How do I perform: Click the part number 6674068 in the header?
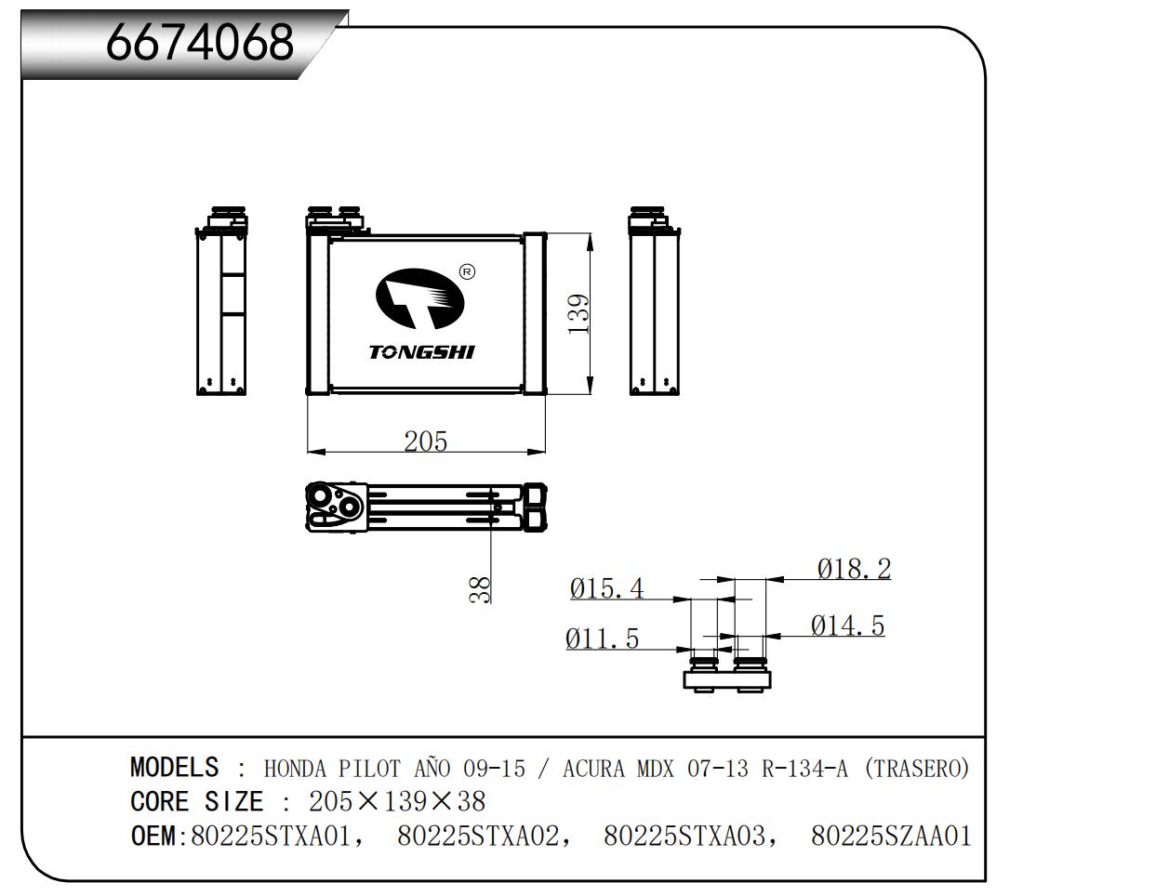[x=199, y=42]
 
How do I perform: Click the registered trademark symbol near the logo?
[x=468, y=271]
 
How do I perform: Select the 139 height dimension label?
[x=578, y=315]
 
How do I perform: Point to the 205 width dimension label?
[x=425, y=441]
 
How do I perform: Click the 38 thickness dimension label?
[x=479, y=589]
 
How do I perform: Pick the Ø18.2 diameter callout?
[x=854, y=568]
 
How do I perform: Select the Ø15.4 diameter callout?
[x=606, y=587]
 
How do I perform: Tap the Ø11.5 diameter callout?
[x=602, y=639]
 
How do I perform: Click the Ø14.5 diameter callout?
[x=847, y=626]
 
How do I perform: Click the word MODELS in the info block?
[x=174, y=768]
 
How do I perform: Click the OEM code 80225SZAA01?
[x=891, y=836]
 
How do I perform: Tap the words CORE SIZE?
[x=196, y=801]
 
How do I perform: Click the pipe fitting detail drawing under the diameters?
[x=727, y=673]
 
